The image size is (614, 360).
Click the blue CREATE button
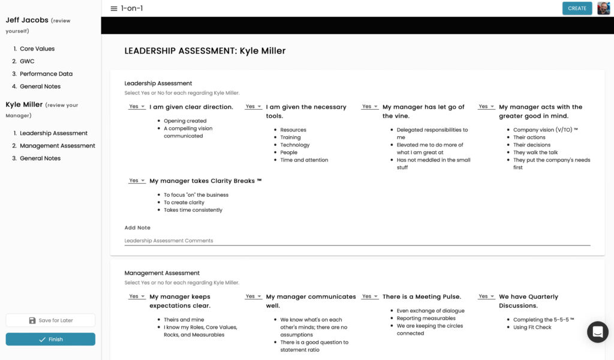click(x=577, y=8)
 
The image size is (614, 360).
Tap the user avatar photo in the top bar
click(x=603, y=8)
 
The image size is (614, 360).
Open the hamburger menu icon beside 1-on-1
click(x=114, y=8)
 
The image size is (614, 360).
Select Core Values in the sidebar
click(x=37, y=49)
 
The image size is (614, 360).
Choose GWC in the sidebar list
click(x=27, y=61)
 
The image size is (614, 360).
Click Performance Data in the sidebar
click(x=46, y=74)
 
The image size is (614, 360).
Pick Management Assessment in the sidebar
click(x=58, y=146)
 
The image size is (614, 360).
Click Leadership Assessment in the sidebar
click(x=53, y=133)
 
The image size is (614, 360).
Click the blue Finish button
click(x=50, y=340)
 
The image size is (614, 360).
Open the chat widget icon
click(x=597, y=332)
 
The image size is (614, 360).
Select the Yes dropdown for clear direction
click(x=136, y=107)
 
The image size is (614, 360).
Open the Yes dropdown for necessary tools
click(x=252, y=107)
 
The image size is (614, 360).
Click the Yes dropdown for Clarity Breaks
click(x=136, y=181)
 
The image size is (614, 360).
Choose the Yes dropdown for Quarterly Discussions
click(x=486, y=296)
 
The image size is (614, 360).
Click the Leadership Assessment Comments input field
click(x=357, y=241)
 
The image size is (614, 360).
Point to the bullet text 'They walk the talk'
click(x=535, y=152)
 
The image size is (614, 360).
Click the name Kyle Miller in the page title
click(x=263, y=51)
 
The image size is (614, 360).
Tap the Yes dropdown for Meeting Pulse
click(x=369, y=296)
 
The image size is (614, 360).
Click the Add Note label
click(x=137, y=228)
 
